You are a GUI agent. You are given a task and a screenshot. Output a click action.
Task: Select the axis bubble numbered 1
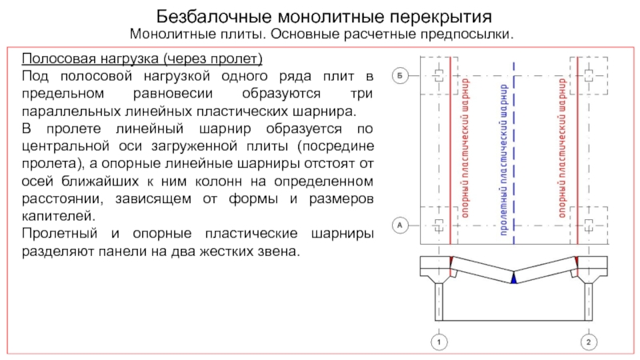click(438, 342)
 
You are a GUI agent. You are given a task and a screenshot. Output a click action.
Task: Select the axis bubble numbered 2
click(588, 342)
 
